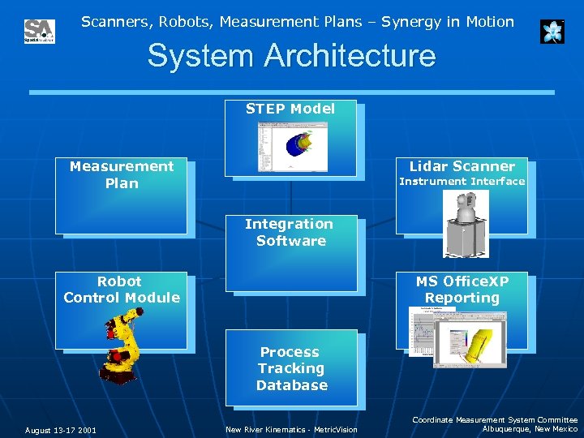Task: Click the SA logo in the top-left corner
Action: pos(39,32)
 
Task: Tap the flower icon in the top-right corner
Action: pos(552,32)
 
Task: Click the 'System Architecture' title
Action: pos(291,56)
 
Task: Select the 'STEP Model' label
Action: pos(290,109)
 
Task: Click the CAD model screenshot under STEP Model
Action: pos(290,141)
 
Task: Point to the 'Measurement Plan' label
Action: pos(122,174)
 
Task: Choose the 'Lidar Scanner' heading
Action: pos(462,166)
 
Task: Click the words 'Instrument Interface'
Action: pos(462,182)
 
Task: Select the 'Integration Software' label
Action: pos(290,232)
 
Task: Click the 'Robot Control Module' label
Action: pos(121,290)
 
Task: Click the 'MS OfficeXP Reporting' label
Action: pos(462,290)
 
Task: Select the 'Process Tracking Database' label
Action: pos(291,368)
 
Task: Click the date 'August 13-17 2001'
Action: pos(60,430)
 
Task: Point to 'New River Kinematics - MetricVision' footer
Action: pos(291,430)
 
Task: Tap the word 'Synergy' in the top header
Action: pos(396,22)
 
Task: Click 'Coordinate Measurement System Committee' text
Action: pos(495,419)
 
